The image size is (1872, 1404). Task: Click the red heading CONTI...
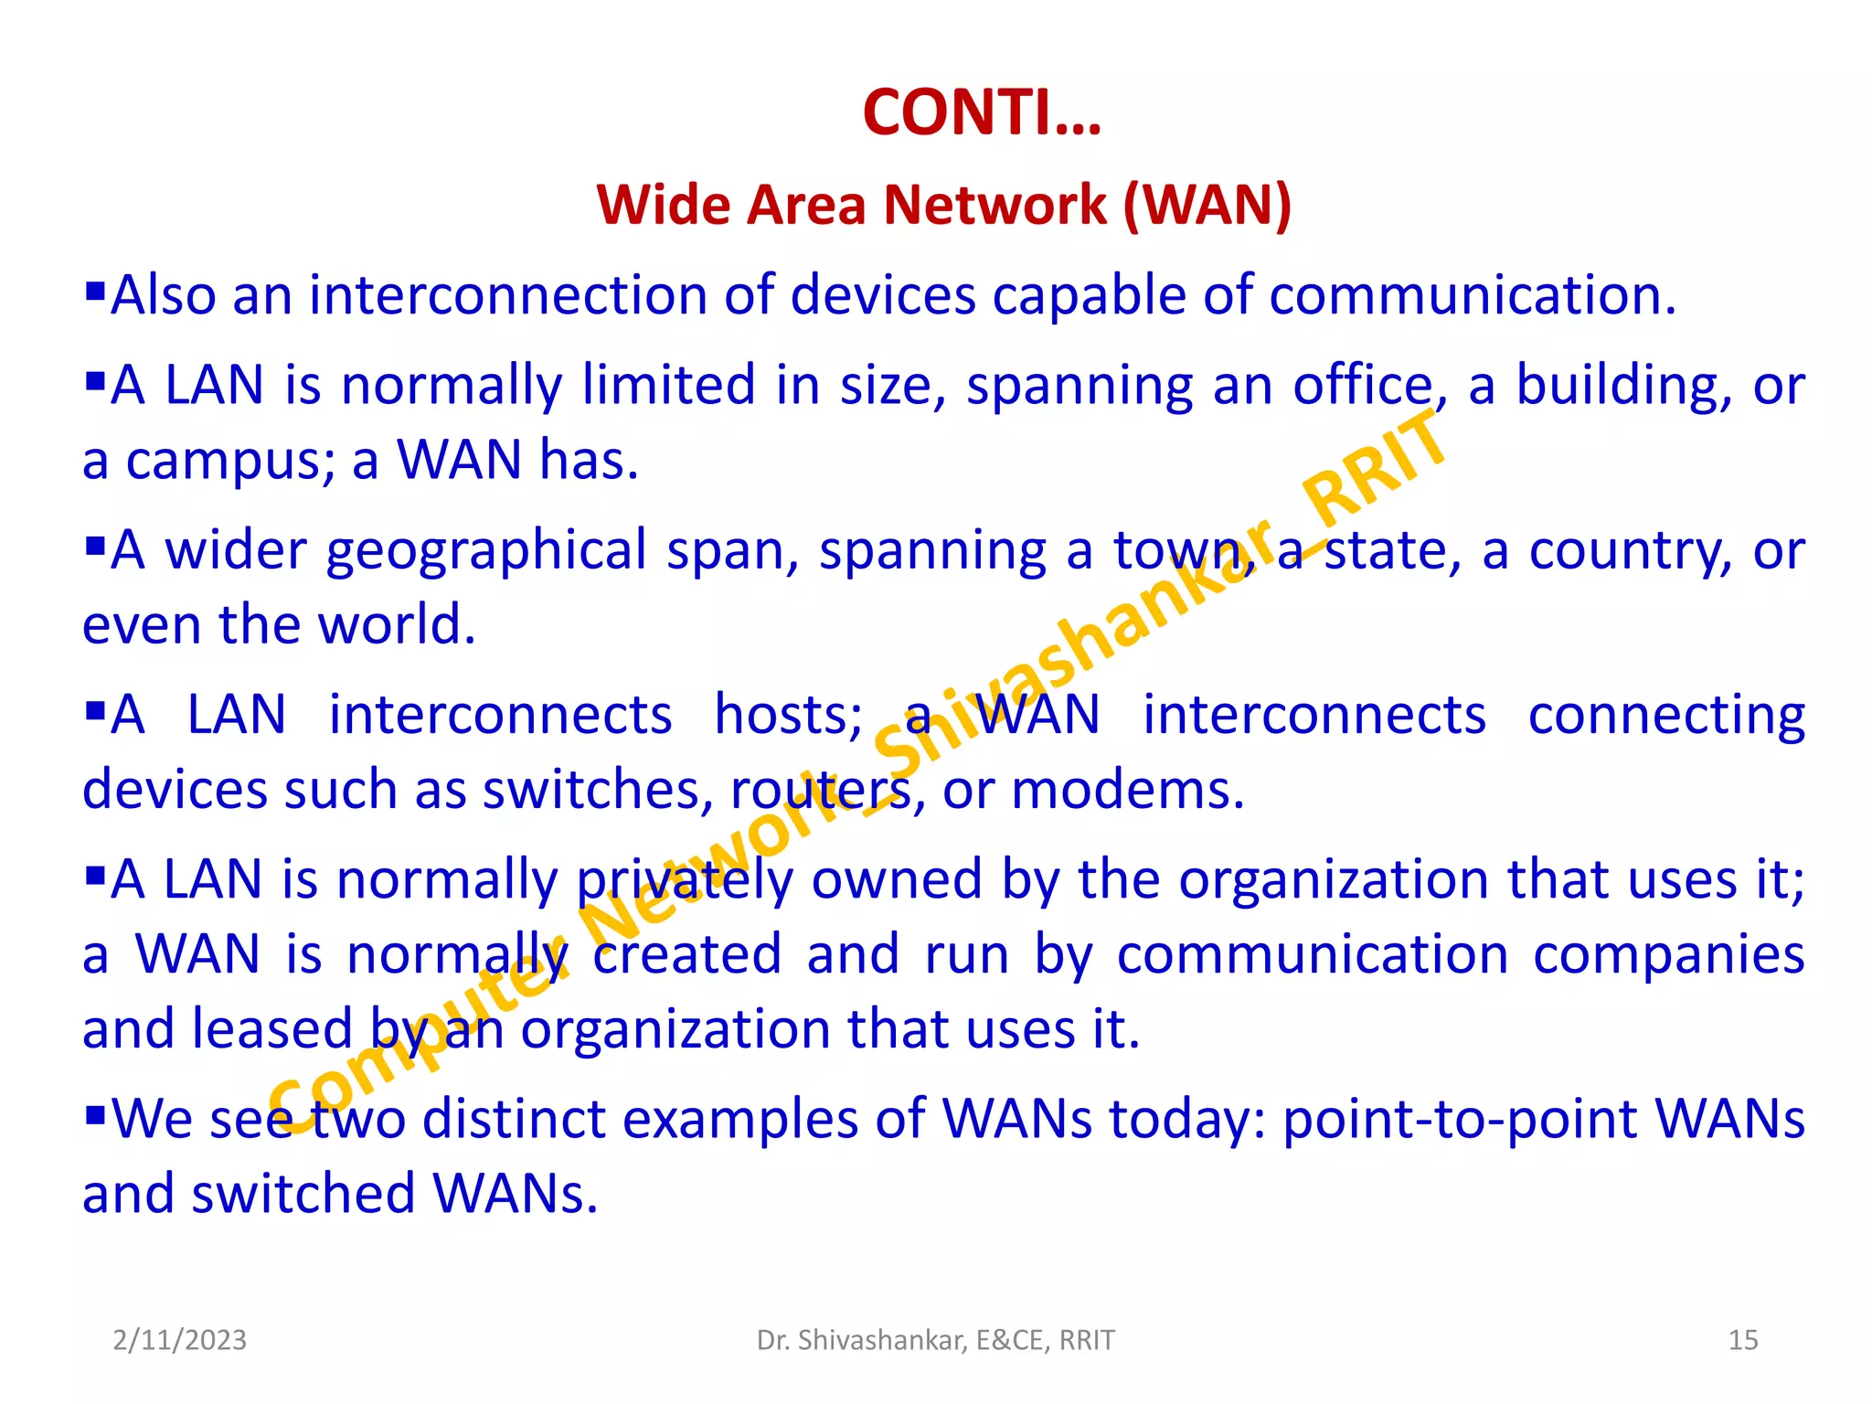982,113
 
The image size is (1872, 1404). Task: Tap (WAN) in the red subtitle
1207,204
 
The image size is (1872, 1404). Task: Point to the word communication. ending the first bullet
1473,295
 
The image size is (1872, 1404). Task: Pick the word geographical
486,551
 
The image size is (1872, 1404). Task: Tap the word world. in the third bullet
397,625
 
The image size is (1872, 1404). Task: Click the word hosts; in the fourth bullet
788,715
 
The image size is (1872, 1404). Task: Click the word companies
1668,955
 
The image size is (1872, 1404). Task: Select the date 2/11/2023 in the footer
180,1340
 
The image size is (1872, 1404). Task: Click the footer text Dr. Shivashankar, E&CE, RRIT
936,1340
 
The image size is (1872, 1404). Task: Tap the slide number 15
1743,1340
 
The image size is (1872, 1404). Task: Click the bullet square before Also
95,292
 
